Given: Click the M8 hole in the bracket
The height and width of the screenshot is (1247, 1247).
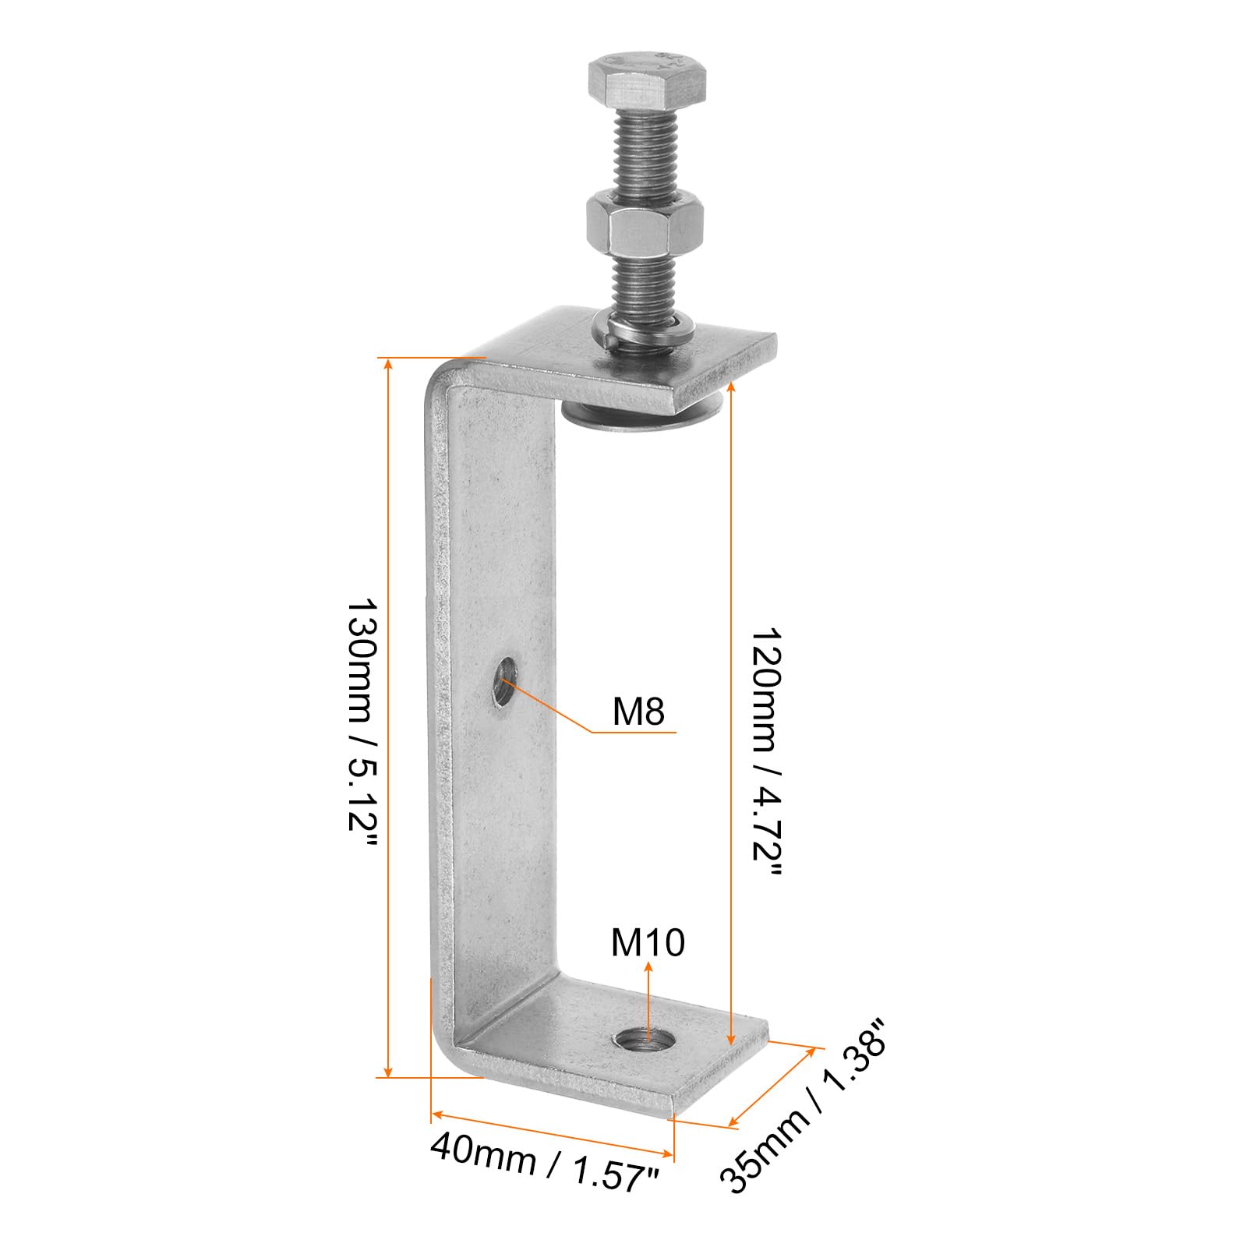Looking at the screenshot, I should click(x=505, y=681).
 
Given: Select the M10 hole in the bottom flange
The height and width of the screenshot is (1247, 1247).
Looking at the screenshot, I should click(x=645, y=1039).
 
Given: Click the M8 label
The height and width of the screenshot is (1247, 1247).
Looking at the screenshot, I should click(x=638, y=711).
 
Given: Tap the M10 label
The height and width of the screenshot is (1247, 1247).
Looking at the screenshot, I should click(x=648, y=941).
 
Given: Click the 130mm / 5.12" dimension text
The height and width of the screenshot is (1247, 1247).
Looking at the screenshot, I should click(x=362, y=725).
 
